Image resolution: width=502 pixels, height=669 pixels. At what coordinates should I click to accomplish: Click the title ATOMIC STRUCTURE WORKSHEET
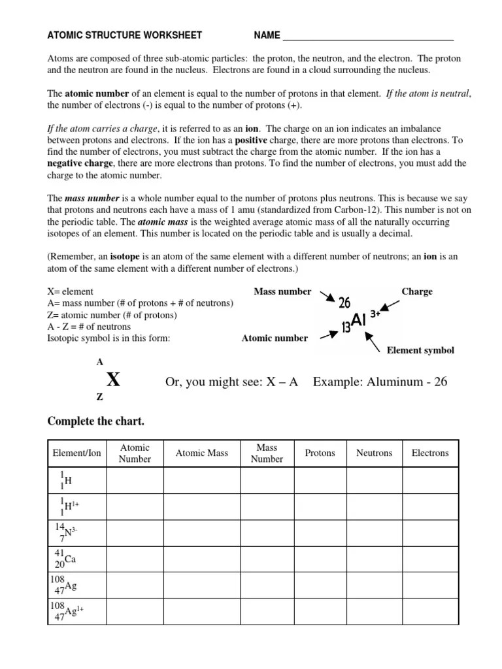(125, 35)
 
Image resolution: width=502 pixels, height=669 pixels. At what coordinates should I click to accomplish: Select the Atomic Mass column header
(202, 453)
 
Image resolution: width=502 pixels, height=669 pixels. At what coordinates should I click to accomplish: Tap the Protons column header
(320, 453)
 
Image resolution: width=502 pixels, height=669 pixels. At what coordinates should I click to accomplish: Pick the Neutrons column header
(374, 453)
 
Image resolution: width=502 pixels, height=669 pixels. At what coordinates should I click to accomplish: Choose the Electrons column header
(430, 453)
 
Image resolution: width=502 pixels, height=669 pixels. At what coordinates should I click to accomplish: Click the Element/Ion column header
(77, 453)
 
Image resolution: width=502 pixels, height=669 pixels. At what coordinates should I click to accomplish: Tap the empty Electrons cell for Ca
(430, 559)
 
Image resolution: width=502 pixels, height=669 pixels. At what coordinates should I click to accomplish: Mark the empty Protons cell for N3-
(320, 532)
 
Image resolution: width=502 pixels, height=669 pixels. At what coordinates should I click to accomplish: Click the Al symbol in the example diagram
(359, 319)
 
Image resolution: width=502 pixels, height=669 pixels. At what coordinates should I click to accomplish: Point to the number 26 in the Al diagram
(344, 302)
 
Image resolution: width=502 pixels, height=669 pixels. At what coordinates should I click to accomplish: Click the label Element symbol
(420, 351)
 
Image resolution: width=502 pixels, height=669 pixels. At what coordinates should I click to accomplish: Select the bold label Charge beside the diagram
(417, 292)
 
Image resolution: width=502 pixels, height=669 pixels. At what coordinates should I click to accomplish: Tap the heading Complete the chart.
(96, 421)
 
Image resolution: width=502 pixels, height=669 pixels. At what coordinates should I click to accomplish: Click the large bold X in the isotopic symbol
(113, 380)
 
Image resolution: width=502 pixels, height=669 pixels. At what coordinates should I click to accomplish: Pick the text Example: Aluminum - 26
(380, 382)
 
